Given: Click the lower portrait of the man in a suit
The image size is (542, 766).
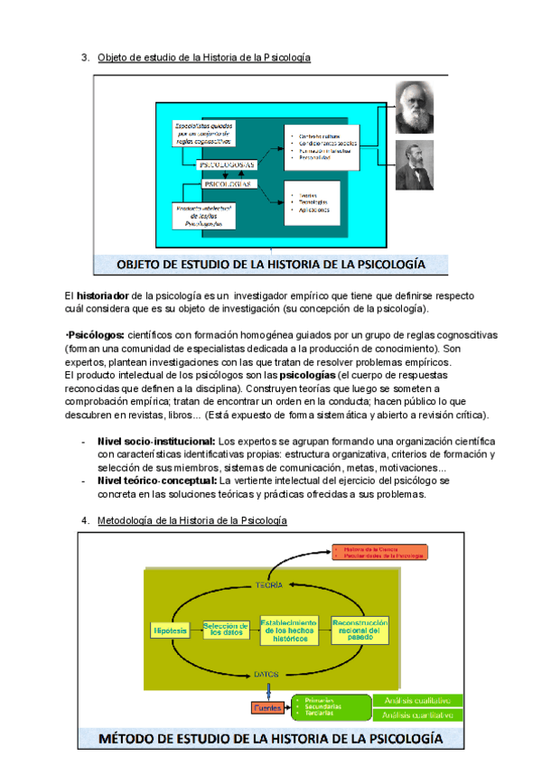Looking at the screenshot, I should click(x=415, y=163).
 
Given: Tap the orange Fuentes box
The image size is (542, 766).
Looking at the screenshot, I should click(x=267, y=707).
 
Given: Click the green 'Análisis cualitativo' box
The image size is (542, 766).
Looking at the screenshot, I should click(x=417, y=699).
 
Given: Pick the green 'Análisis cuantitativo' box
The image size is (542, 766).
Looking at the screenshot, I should click(x=417, y=715).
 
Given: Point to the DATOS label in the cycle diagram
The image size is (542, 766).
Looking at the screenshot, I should click(x=266, y=674).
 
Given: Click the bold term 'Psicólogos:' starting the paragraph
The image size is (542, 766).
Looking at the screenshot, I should click(x=96, y=335).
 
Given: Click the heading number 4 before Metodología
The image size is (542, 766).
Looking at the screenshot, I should click(x=85, y=521).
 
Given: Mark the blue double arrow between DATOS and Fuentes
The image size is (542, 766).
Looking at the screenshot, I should click(x=266, y=691).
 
